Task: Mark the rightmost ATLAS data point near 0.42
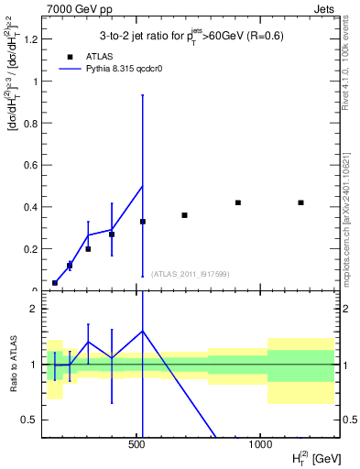(300, 202)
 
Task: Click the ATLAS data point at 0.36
(184, 215)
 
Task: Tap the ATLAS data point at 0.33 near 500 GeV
(142, 222)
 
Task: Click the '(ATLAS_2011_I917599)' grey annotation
(191, 273)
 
